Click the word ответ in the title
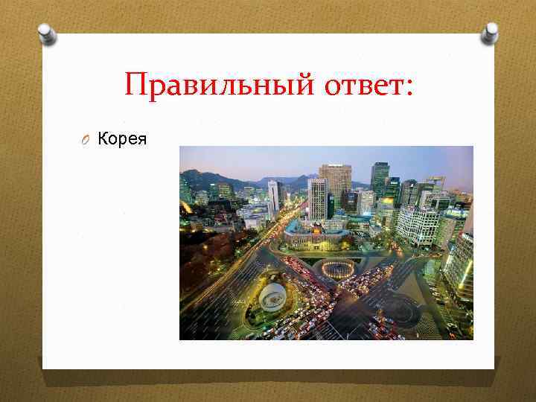pos(356,84)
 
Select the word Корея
pos(123,138)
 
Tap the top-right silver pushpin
pos(489,32)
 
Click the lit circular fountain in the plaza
pos(339,269)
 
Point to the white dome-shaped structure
pos(273,296)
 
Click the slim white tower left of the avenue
pos(273,196)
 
